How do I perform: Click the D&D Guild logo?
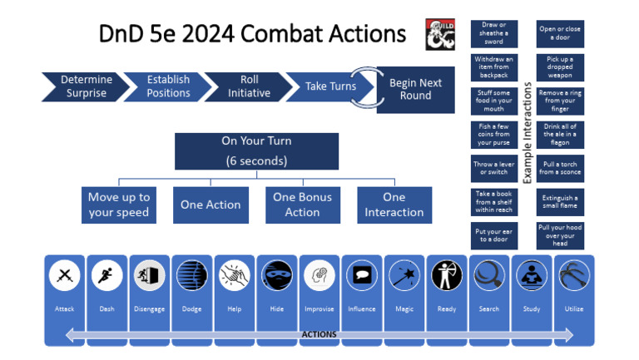point(440,34)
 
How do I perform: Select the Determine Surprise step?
point(85,86)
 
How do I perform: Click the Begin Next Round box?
point(415,89)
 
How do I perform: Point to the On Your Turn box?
point(256,150)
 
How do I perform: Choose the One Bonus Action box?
point(302,205)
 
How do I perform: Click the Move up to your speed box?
point(119,205)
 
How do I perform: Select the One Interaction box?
point(394,205)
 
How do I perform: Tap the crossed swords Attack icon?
point(64,276)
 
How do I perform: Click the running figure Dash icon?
point(106,276)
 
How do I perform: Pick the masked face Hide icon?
point(276,276)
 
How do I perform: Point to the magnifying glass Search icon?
point(488,276)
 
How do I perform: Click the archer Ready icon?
point(446,276)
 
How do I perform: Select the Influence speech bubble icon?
point(361,276)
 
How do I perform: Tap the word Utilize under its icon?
point(573,309)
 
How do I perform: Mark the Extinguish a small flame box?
point(559,202)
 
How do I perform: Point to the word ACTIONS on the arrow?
point(319,334)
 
